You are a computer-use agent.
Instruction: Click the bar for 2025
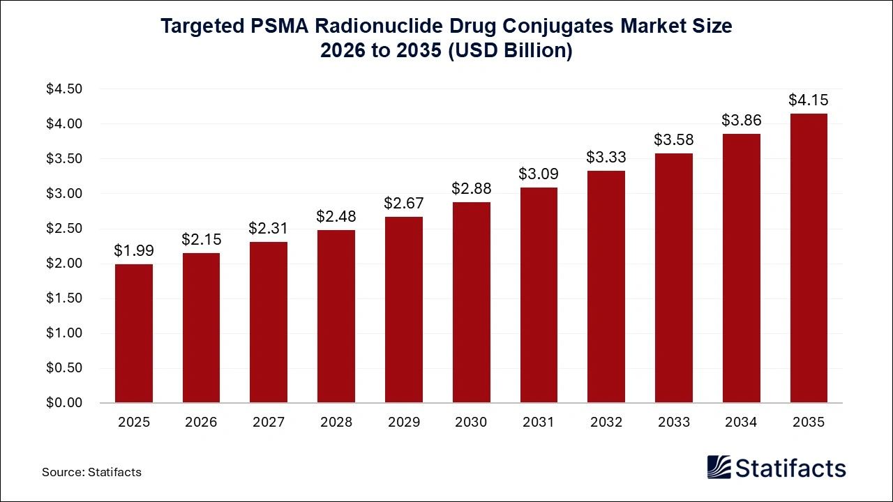[x=134, y=333]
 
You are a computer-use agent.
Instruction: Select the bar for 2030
[x=471, y=302]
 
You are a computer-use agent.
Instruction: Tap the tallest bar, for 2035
[x=809, y=258]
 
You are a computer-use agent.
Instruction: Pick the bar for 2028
[x=336, y=316]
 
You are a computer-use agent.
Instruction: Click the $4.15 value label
[x=809, y=100]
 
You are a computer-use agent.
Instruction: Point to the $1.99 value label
[x=134, y=250]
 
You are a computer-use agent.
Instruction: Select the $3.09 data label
[x=539, y=174]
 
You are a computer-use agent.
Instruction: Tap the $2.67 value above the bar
[x=403, y=203]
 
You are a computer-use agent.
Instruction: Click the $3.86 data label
[x=741, y=120]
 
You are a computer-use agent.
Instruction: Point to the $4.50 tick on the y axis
[x=64, y=89]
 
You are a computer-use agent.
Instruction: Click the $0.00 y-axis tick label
[x=64, y=403]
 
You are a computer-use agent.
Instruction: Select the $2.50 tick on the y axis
[x=64, y=229]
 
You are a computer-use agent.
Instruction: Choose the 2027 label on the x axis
[x=269, y=423]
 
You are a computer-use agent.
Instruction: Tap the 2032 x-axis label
[x=606, y=423]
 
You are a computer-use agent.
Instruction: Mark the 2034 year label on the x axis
[x=741, y=423]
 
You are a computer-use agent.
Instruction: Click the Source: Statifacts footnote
[x=91, y=472]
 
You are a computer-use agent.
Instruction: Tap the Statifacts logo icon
[x=719, y=467]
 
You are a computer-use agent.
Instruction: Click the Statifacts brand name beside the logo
[x=791, y=468]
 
